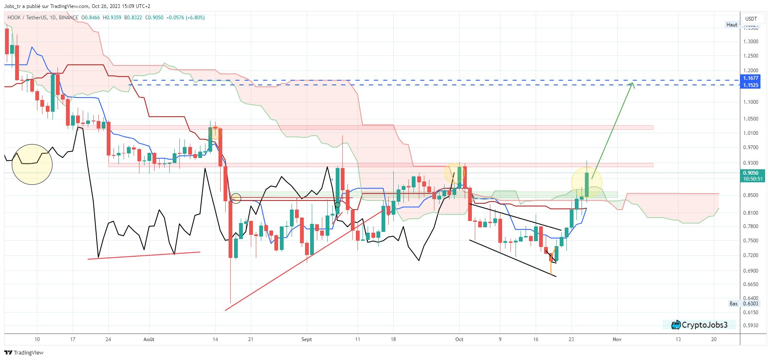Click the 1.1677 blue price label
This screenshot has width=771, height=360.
(x=750, y=78)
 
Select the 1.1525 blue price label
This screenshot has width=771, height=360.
(x=750, y=85)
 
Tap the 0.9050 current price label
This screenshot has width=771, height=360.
(x=751, y=173)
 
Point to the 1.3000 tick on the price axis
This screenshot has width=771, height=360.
(x=750, y=42)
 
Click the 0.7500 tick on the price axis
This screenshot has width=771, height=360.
(x=750, y=241)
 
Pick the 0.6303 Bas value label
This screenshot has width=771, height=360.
(x=751, y=304)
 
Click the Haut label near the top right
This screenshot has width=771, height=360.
(x=732, y=25)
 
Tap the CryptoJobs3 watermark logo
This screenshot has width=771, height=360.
(x=700, y=325)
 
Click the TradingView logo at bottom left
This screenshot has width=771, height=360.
(x=24, y=352)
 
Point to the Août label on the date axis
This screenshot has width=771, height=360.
(x=149, y=339)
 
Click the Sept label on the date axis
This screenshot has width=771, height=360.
(x=307, y=339)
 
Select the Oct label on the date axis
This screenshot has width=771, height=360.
(x=459, y=339)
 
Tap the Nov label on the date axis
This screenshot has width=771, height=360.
(x=617, y=339)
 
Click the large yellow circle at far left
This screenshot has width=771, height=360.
(x=32, y=164)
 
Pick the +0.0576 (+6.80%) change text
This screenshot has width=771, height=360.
(x=185, y=18)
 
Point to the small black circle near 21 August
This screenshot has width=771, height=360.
(x=236, y=198)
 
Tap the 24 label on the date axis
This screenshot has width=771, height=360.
(x=108, y=339)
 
